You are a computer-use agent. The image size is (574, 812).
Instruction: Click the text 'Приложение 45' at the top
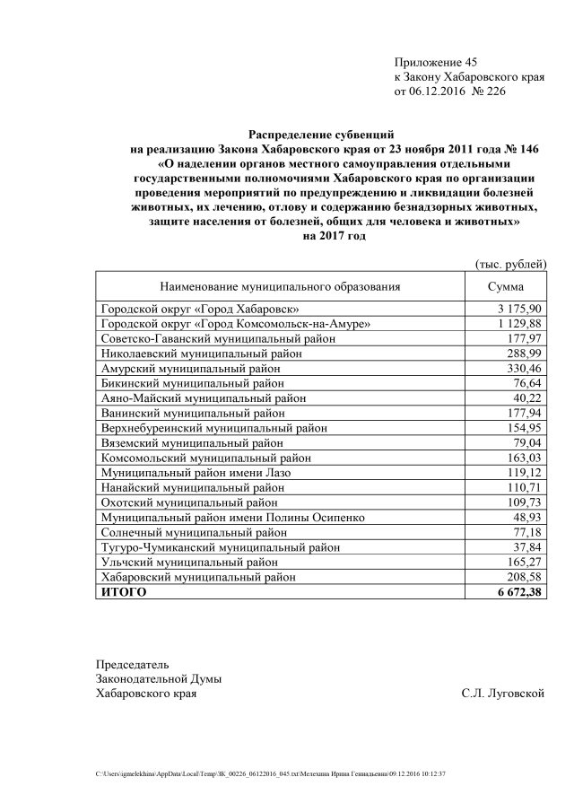[x=436, y=62]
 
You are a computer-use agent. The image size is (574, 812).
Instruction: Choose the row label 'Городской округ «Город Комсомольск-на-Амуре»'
[x=236, y=323]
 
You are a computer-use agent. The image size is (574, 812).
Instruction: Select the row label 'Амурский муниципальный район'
[x=185, y=369]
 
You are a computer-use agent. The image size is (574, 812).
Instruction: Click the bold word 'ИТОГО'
[x=123, y=593]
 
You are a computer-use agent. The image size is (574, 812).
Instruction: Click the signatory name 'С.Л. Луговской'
[x=502, y=693]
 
